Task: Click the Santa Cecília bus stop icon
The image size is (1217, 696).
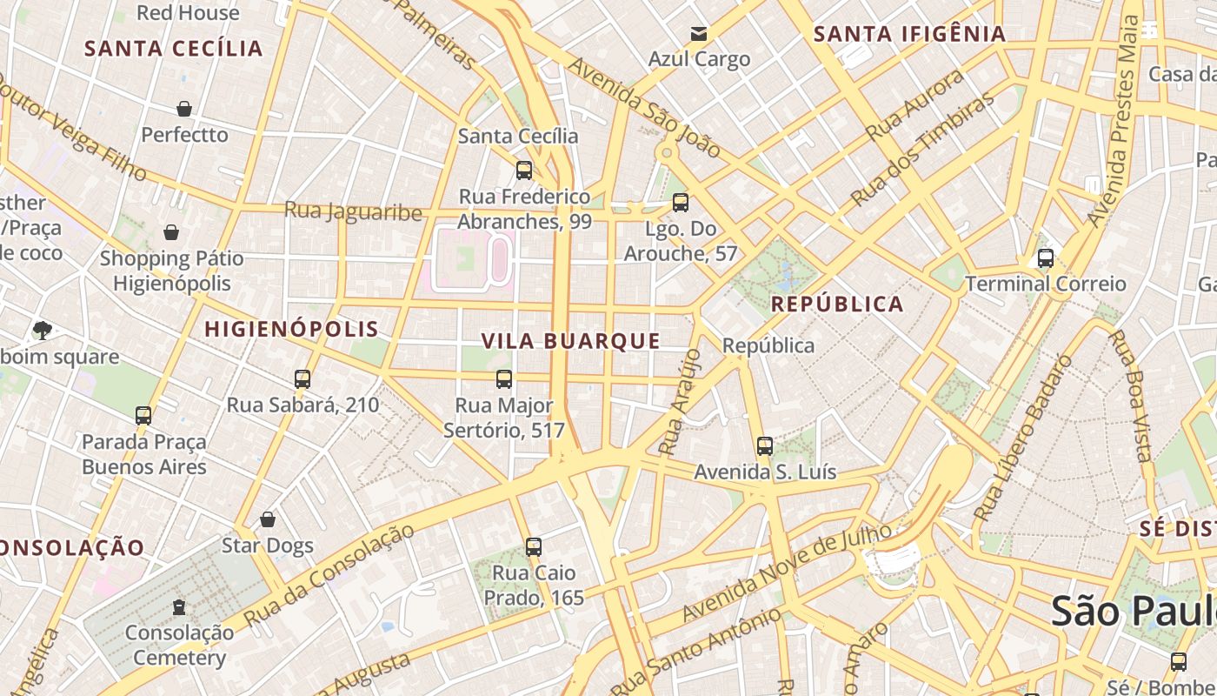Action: coord(523,170)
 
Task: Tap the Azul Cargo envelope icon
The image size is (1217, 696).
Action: coord(698,34)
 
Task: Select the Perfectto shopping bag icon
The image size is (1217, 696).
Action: coord(184,109)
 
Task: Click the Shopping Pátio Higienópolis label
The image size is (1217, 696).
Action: coord(172,271)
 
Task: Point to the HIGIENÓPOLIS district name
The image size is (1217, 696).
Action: coord(291,329)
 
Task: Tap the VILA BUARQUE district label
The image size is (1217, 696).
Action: coord(570,341)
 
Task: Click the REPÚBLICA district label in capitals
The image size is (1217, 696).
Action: coord(837,304)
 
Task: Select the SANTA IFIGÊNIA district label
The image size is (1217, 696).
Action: coord(909,34)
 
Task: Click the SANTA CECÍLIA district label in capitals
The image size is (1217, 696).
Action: coord(174,48)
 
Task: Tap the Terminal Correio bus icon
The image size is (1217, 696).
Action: coord(1045,258)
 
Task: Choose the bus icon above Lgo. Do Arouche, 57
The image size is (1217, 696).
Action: coord(680,203)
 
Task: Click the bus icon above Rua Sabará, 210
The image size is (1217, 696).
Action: coord(303,379)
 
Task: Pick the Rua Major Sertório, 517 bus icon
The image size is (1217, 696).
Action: coord(504,379)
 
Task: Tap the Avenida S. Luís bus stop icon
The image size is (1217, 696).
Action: coord(764,446)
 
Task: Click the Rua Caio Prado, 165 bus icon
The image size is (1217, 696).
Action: coord(534,547)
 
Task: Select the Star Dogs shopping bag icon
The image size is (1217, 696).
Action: coord(268,519)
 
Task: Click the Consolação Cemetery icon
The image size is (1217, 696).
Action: coord(179,606)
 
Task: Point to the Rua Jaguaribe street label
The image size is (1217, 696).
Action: coord(353,211)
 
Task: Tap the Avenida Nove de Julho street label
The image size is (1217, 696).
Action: coord(787,572)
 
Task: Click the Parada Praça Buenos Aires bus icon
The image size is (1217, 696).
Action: coord(143,416)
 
